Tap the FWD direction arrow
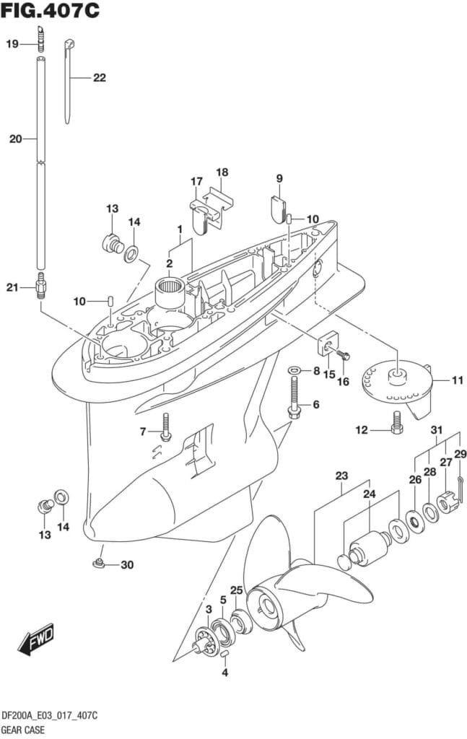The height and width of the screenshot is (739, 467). click(37, 639)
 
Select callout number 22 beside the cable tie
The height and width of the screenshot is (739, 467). click(99, 77)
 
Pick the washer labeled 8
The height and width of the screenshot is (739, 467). click(294, 370)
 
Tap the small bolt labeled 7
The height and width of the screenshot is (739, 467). click(166, 427)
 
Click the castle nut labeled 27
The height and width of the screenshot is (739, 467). click(445, 498)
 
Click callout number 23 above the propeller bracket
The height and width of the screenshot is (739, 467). click(341, 476)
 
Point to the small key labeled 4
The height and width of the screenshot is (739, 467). click(224, 654)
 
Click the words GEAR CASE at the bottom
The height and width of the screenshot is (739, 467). click(22, 729)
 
